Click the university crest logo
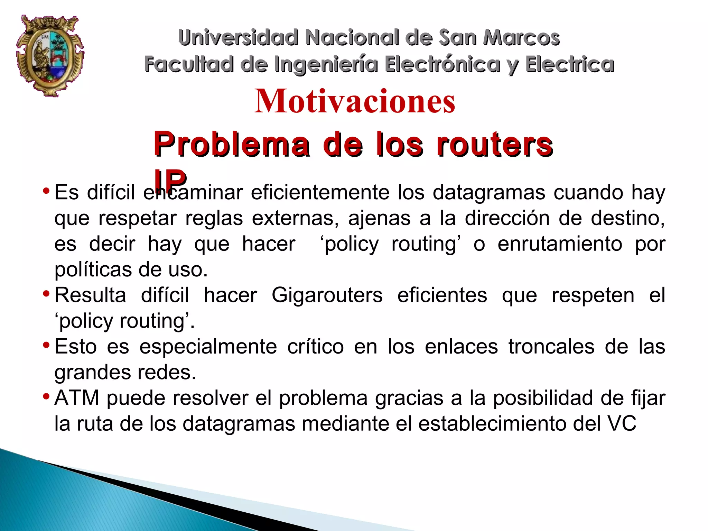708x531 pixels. tap(50, 55)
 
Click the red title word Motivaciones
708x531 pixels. tap(355, 101)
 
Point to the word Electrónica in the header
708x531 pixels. tap(442, 64)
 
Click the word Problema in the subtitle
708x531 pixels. tap(232, 144)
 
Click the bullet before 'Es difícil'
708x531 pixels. tap(46, 191)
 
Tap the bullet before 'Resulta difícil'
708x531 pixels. tap(46, 294)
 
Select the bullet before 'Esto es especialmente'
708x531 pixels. tap(46, 345)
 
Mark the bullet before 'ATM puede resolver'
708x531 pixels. tap(46, 396)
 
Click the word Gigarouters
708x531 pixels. tap(327, 295)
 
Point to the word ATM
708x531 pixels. tap(77, 398)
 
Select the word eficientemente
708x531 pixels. tap(320, 192)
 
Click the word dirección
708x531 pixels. tap(507, 218)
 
